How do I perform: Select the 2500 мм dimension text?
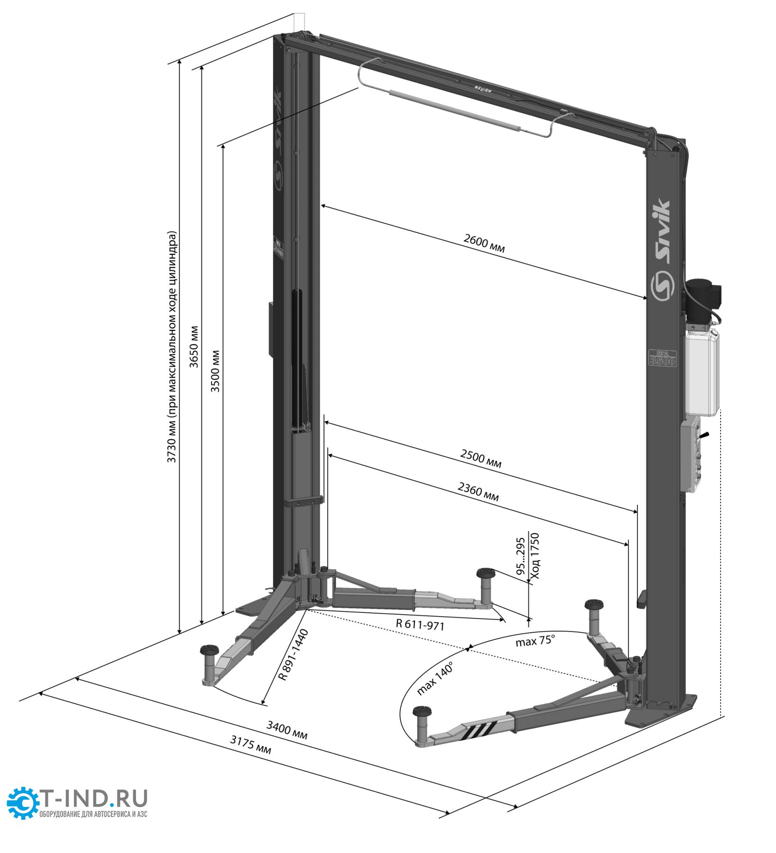coord(480,458)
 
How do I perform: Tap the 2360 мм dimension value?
coord(478,491)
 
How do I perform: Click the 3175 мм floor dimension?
coord(251,744)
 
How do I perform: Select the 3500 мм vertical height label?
coord(216,371)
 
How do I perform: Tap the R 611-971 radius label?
coord(420,625)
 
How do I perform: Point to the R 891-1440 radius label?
coord(293,655)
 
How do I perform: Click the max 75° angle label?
coord(534,641)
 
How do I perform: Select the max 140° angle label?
coord(435,679)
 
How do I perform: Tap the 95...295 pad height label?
coord(521,556)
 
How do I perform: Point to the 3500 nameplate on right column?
coord(662,358)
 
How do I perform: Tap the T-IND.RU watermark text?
coord(95,799)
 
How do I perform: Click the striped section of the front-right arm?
coord(481,730)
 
